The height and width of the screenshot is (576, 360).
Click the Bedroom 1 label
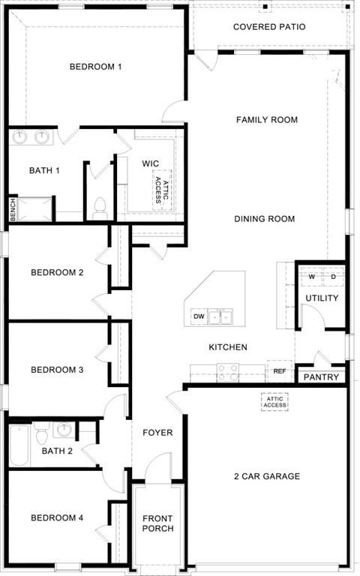coord(95,67)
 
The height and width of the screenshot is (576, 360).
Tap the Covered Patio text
coord(268,27)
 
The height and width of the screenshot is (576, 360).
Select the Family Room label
coord(266,120)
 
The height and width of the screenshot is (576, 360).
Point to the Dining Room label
coord(264,219)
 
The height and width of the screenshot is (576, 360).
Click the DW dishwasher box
coord(199,317)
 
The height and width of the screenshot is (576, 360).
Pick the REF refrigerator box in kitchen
coord(279,371)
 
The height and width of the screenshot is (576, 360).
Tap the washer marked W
coord(311,277)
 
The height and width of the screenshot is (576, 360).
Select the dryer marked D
coord(333,277)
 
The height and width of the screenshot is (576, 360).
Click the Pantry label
coord(321,377)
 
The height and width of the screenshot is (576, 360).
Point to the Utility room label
coord(322,298)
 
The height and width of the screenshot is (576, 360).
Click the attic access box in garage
coord(274,402)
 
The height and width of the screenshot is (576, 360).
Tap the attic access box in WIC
coord(163,188)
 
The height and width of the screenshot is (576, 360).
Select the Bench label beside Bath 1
coord(13,209)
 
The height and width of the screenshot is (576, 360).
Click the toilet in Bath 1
coord(99,209)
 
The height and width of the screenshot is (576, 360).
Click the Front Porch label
coord(157,523)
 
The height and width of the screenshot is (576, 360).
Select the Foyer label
coord(157,433)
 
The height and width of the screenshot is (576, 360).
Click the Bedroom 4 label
coord(57,518)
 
